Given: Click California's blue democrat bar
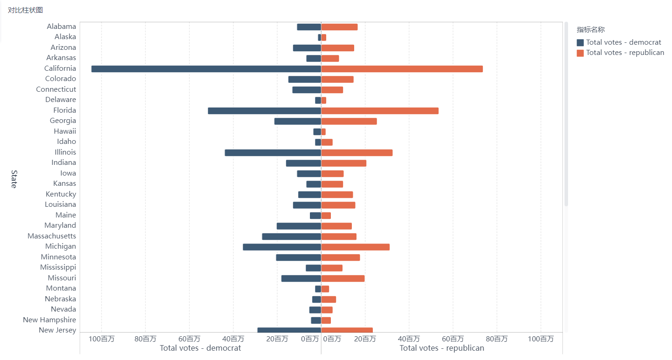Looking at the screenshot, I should click(x=206, y=69).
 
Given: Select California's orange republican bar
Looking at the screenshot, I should click(x=402, y=69).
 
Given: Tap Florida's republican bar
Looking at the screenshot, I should click(x=380, y=111).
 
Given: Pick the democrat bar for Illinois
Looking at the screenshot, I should click(x=273, y=153).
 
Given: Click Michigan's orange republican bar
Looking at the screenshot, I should click(x=355, y=247).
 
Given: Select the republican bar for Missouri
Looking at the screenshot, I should click(x=343, y=278).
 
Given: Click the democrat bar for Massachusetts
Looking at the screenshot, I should click(x=291, y=237).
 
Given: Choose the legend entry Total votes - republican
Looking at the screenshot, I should click(x=624, y=53).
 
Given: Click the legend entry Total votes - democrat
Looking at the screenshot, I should click(x=623, y=42).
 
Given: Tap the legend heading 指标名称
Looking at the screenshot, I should click(x=590, y=30).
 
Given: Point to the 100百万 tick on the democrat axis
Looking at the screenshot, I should click(x=102, y=339).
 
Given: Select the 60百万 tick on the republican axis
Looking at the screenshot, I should click(x=453, y=339).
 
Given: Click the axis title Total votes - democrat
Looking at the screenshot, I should click(x=200, y=348).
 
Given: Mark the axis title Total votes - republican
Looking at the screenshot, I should click(x=442, y=348).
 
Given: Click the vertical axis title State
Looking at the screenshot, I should click(x=14, y=179).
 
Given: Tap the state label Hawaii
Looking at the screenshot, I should click(x=65, y=131).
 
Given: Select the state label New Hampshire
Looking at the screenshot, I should click(x=49, y=320).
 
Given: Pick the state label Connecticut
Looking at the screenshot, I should click(x=56, y=89).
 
